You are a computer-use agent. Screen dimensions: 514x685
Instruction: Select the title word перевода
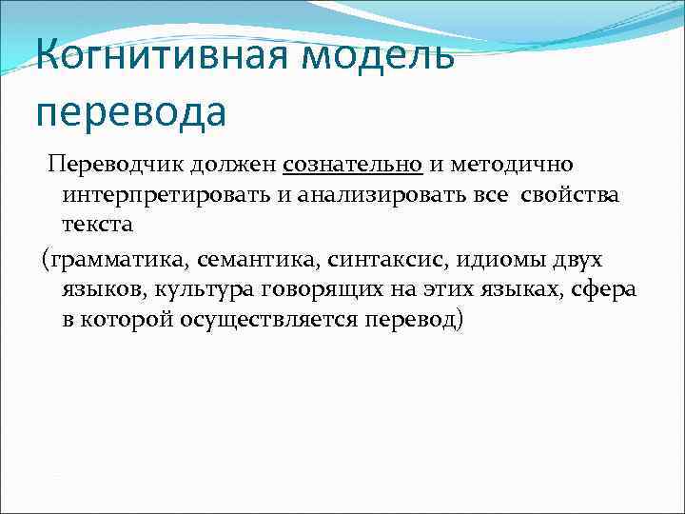pyautogui.click(x=131, y=112)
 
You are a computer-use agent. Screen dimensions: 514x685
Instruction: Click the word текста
pyautogui.click(x=98, y=226)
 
